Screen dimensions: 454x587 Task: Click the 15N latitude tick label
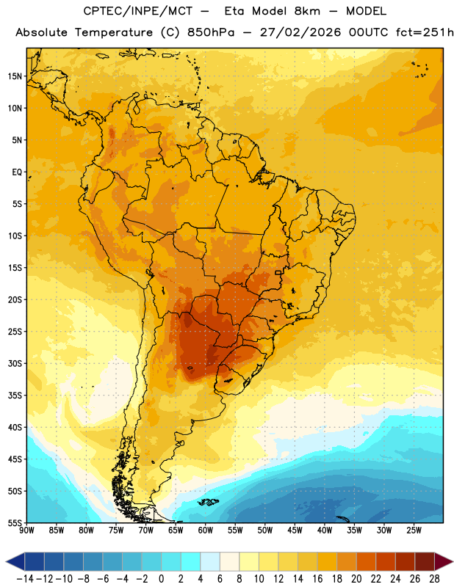coord(15,76)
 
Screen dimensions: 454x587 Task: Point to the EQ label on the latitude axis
coord(17,172)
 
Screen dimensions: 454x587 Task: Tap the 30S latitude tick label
coord(15,363)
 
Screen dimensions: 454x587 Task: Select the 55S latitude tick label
coord(15,522)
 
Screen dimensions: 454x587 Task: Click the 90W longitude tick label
coord(26,531)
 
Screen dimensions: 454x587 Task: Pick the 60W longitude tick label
coord(206,531)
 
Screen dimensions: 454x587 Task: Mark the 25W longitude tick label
coord(414,531)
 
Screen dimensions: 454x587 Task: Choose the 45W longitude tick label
coord(295,531)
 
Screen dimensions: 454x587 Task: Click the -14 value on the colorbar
coord(25,579)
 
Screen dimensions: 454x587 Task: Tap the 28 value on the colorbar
coord(434,579)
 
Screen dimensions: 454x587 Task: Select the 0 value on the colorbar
coord(161,579)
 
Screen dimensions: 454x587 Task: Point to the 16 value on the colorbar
coord(317,579)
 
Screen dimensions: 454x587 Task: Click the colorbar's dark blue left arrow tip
coord(7,561)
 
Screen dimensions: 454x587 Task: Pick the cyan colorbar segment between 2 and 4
coord(190,561)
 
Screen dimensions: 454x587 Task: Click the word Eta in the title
coord(234,11)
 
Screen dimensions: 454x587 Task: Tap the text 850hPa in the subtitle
coord(211,32)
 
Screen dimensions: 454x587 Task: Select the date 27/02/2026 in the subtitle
coord(300,32)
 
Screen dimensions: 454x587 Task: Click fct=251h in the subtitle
coord(425,32)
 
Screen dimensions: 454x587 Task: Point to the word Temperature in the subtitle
coord(114,33)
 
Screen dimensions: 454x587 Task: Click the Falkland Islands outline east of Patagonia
coord(209,502)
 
